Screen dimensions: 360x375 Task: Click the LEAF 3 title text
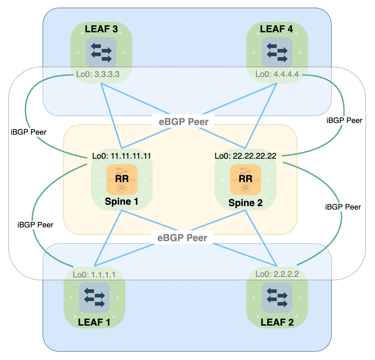coord(101,29)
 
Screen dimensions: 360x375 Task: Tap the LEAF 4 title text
coord(276,29)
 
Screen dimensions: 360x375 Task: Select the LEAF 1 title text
coord(94,322)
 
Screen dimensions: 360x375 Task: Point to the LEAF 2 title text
coord(277,322)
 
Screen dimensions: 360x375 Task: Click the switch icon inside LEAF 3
coord(101,52)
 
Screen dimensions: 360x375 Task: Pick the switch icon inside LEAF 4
coord(277,52)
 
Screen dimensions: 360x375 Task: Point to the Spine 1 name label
coord(122,201)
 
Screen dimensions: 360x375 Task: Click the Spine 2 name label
coord(245,203)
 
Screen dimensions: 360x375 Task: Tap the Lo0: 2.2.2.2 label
coord(277,275)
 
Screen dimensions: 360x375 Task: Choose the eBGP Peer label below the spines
coord(182,238)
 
